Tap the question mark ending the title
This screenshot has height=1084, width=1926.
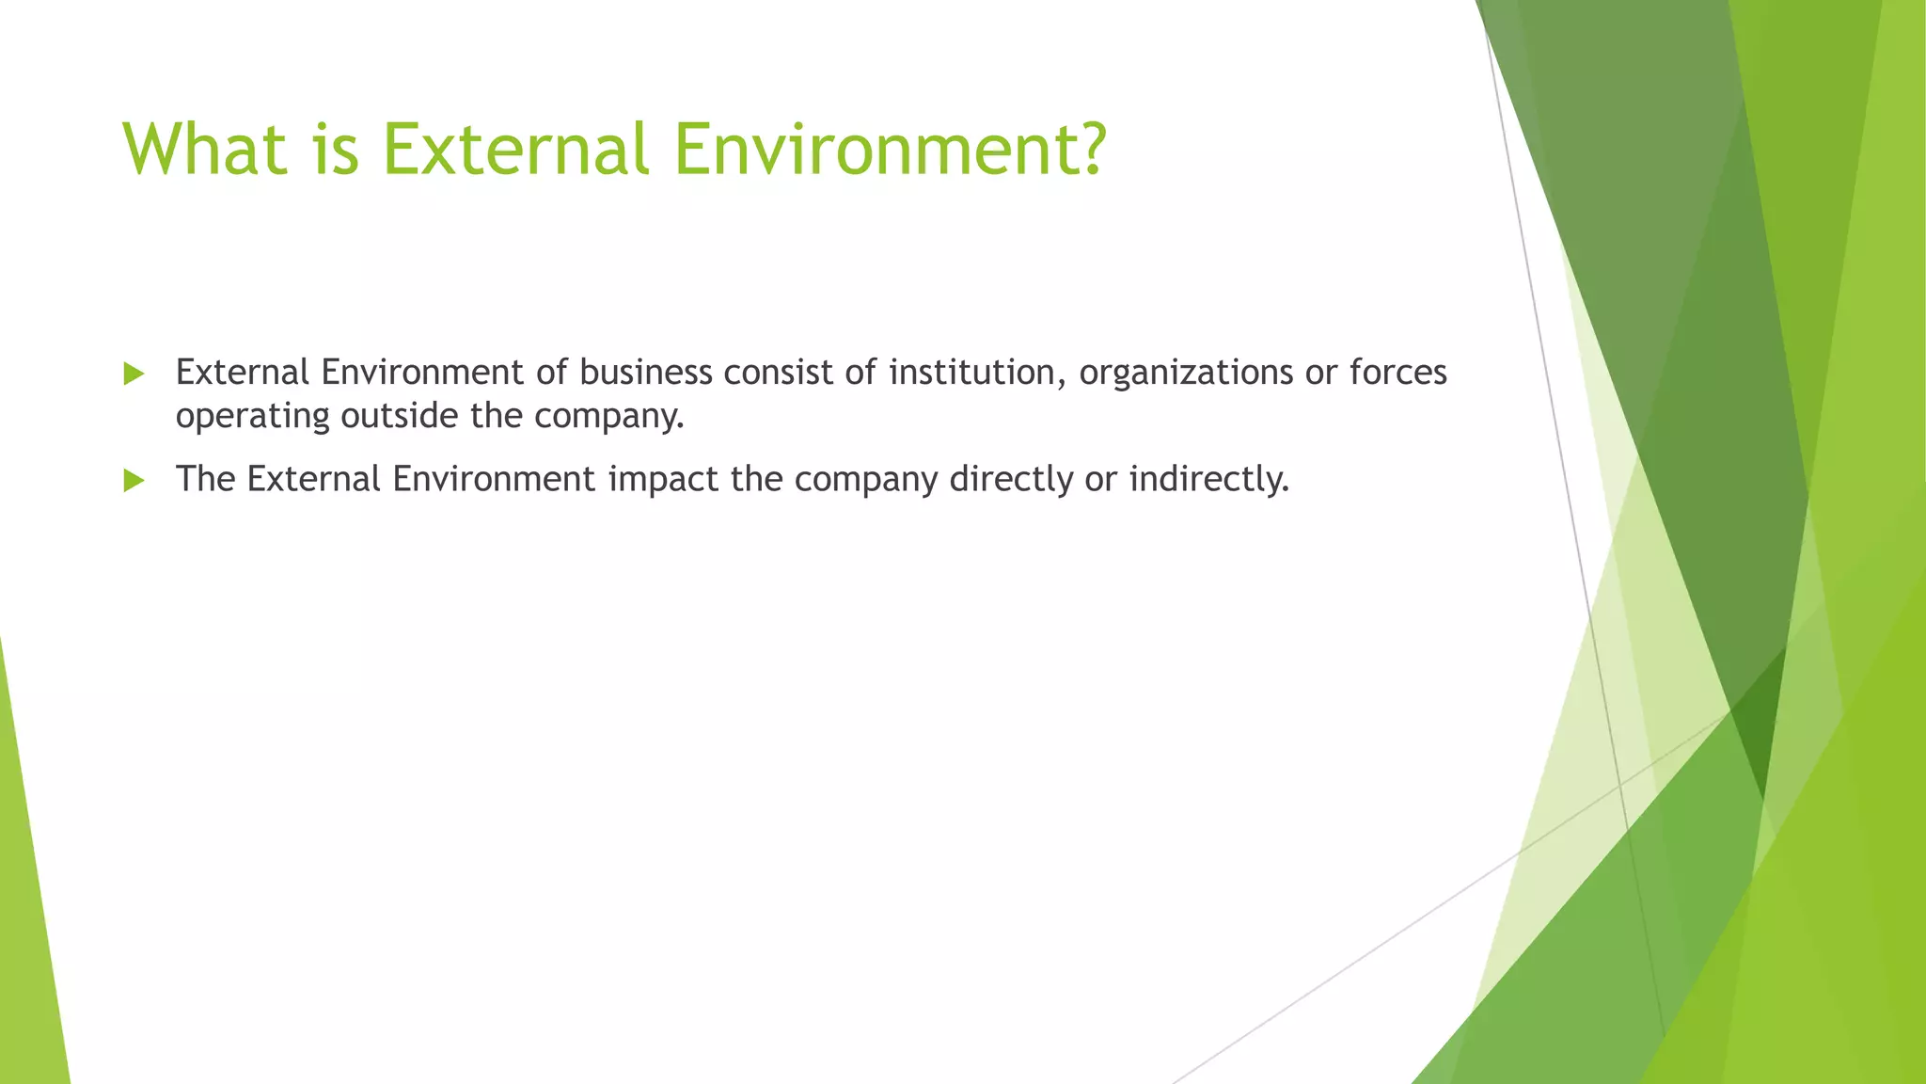1092,149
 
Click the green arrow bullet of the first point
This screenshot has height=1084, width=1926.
134,375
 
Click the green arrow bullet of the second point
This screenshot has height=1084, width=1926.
134,481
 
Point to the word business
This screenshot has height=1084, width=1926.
645,373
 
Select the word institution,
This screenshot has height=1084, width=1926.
977,373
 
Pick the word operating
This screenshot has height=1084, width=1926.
252,417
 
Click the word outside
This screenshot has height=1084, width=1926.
399,415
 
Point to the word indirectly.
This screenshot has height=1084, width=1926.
1208,480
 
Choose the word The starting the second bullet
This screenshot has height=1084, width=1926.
205,479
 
